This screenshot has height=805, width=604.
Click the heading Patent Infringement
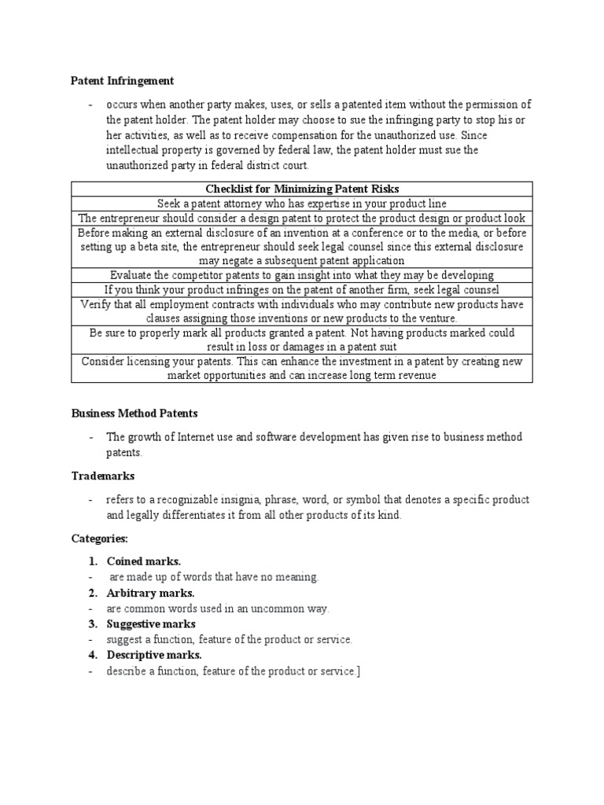pyautogui.click(x=123, y=81)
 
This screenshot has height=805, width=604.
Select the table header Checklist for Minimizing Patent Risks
pyautogui.click(x=302, y=189)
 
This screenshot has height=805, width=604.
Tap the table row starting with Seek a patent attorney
pyautogui.click(x=302, y=204)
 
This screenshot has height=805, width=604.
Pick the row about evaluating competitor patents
pyautogui.click(x=302, y=275)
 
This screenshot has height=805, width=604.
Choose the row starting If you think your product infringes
pyautogui.click(x=302, y=289)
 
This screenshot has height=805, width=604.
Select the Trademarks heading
pyautogui.click(x=103, y=476)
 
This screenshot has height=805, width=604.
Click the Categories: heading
pyautogui.click(x=99, y=539)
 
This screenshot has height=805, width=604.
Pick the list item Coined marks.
pyautogui.click(x=144, y=561)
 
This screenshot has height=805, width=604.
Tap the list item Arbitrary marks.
pyautogui.click(x=149, y=593)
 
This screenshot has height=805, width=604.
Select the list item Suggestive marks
pyautogui.click(x=151, y=624)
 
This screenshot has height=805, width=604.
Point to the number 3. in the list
pyautogui.click(x=93, y=624)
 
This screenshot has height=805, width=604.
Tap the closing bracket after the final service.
pyautogui.click(x=359, y=671)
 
